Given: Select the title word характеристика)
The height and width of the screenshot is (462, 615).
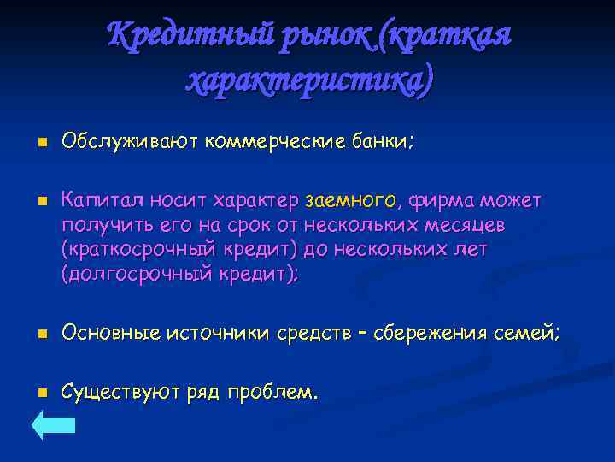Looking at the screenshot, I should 309,80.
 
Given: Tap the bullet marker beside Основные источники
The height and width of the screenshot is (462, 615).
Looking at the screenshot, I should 40,334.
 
